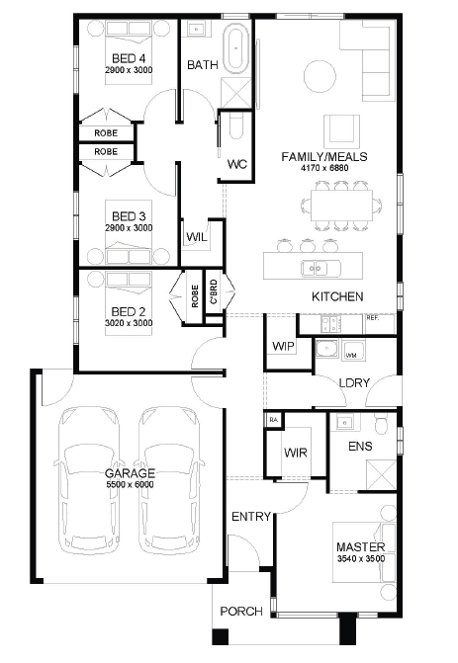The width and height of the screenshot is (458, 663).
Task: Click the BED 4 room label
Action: click(x=129, y=58)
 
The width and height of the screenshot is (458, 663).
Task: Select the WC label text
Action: click(x=237, y=164)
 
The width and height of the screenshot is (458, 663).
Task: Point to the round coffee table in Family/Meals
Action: click(x=321, y=76)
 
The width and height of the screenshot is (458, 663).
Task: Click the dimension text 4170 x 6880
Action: click(x=324, y=168)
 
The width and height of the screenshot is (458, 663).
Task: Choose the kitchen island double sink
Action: click(x=321, y=269)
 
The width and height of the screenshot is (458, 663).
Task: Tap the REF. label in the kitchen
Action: click(x=373, y=318)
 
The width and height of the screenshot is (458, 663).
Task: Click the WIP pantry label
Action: click(x=283, y=346)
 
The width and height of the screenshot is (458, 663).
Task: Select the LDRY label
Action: click(x=354, y=383)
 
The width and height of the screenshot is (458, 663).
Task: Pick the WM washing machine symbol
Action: click(x=351, y=356)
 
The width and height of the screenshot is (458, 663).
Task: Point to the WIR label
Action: click(x=296, y=453)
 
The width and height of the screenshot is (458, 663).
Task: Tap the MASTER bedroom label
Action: click(x=361, y=546)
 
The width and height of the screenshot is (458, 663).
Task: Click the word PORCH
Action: click(x=241, y=612)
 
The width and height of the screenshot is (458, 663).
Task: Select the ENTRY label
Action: click(x=251, y=517)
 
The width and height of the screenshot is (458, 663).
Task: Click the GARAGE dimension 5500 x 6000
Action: click(x=130, y=484)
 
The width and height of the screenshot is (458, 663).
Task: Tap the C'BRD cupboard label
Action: click(x=214, y=291)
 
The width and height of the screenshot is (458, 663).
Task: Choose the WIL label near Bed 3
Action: click(x=197, y=237)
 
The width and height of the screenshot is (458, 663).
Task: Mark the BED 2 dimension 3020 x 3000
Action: click(x=129, y=323)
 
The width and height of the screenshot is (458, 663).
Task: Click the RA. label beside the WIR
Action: click(x=274, y=420)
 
